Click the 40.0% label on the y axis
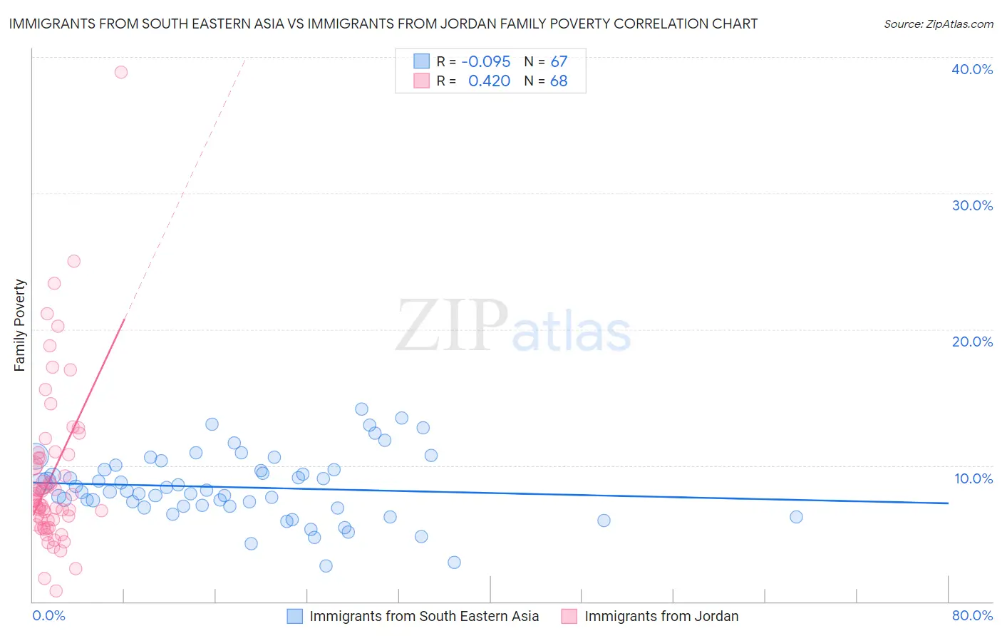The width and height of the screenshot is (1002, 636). pos(972,69)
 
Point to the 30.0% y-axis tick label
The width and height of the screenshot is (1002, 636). pos(972,205)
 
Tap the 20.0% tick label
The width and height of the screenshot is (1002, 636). pos(972,342)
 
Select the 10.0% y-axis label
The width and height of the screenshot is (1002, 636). pos(973,478)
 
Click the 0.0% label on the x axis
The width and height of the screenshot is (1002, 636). pos(48,615)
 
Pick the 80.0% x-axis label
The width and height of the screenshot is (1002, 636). pos(972,615)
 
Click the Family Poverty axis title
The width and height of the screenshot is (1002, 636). pos(20,325)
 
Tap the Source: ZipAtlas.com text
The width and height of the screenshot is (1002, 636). pos(938,24)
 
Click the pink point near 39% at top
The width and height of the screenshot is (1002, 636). pos(121,72)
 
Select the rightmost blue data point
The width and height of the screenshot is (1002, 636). pos(796,517)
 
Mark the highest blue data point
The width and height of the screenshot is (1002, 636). pos(361,409)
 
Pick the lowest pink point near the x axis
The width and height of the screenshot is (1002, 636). pos(56,591)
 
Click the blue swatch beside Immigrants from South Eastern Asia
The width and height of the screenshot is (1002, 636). pos(295,616)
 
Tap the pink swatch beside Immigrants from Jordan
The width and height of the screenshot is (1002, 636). pos(569,616)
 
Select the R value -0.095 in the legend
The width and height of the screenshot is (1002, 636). pos(485,62)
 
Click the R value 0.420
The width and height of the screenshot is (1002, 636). pos(489,81)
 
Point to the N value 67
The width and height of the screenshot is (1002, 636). pos(559,62)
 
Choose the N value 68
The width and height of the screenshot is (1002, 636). pos(559,81)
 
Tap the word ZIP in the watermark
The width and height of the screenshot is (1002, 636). pos(451,326)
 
